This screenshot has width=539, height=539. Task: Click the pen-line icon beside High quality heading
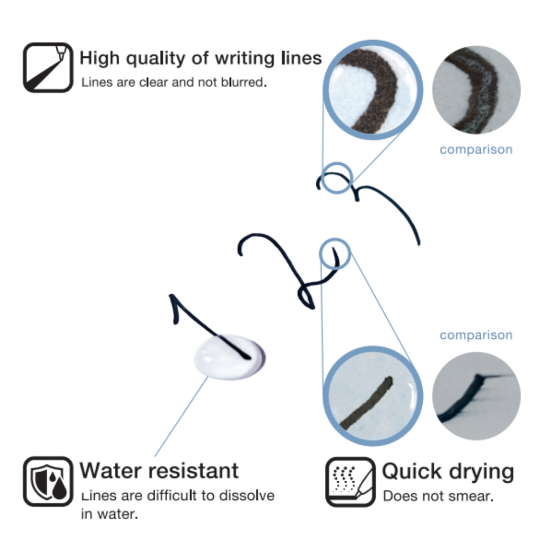click(x=48, y=67)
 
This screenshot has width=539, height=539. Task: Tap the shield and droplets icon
click(x=48, y=481)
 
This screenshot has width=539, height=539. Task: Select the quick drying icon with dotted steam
click(x=350, y=482)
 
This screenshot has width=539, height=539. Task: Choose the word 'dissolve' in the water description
click(x=247, y=495)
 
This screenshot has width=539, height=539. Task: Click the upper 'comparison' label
click(x=476, y=149)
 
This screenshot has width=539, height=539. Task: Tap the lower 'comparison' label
click(x=476, y=335)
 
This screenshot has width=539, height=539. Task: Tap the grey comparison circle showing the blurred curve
click(x=476, y=89)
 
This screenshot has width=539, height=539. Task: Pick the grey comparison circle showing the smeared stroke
click(x=476, y=396)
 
